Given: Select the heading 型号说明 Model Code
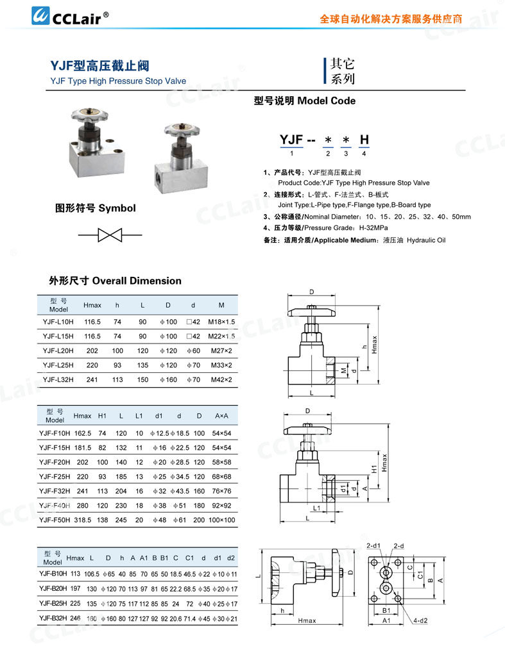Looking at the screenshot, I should coord(305,101).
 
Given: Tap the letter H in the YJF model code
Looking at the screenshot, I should coord(364,140).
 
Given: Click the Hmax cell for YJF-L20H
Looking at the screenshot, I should coord(92,351).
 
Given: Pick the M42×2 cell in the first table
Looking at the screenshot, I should coord(221,379).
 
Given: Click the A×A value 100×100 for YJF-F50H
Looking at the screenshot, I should coord(221,520).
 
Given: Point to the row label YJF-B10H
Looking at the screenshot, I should coord(53,574).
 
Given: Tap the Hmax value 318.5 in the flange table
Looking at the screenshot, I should coord(85,520).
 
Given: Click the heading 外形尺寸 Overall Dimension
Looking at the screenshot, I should coord(116,281).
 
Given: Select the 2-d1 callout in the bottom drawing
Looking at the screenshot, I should coord(373,545).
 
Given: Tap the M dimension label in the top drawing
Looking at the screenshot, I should coord(343,371).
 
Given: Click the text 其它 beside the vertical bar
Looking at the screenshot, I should coord(342,65).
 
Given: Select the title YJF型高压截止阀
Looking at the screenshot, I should coord(101,66).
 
